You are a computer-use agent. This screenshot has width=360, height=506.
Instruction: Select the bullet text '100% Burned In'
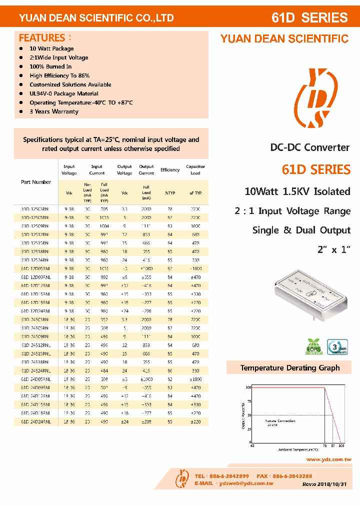tap(50, 66)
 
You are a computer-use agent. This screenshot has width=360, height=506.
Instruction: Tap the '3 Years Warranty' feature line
tap(54, 111)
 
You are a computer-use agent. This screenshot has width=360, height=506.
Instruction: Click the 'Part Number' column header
tap(36, 182)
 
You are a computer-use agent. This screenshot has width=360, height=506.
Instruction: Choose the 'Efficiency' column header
tap(170, 170)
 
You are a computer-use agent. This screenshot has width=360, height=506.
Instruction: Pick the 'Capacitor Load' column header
tap(195, 170)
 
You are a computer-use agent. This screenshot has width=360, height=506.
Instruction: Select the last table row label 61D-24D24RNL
tap(35, 421)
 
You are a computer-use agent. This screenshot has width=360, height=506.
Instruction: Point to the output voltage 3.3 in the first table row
tap(124, 209)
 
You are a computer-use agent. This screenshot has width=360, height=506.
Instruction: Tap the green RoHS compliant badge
tap(313, 346)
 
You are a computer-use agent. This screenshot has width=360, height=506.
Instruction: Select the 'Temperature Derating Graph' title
tap(290, 368)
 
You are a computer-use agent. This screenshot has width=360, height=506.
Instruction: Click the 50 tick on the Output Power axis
tap(248, 415)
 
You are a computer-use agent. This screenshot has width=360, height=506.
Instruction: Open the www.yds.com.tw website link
tap(328, 459)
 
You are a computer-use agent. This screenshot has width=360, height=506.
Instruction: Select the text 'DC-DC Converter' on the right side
tap(310, 147)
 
